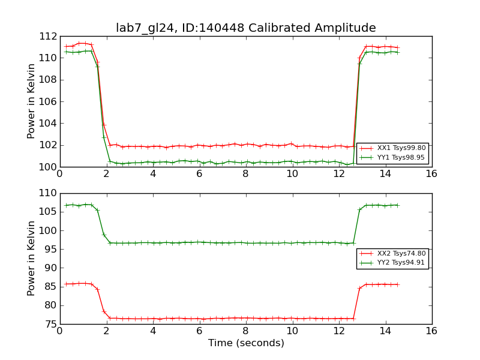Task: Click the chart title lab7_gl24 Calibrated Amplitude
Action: (246, 28)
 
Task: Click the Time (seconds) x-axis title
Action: (246, 343)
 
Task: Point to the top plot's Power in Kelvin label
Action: (31, 101)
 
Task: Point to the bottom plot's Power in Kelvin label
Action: (31, 259)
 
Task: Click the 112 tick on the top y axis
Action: (49, 37)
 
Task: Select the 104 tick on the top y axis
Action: (49, 124)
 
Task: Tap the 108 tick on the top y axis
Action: (49, 80)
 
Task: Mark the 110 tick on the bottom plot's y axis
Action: (49, 194)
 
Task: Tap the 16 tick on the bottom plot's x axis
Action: (431, 331)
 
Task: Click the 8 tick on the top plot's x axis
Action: (245, 173)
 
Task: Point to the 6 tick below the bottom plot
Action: (199, 331)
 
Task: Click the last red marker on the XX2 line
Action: (397, 284)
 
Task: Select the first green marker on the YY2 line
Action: (66, 205)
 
